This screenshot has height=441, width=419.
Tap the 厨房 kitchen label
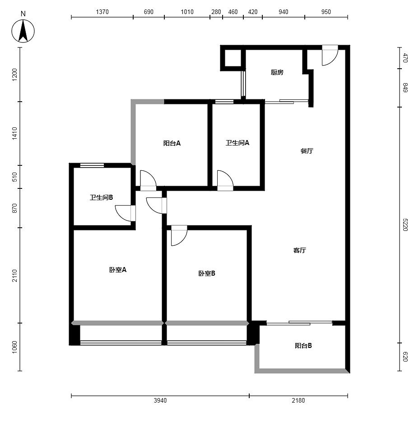(277, 73)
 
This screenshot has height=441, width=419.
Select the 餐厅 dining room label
(307, 151)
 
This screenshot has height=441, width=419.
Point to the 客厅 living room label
(299, 250)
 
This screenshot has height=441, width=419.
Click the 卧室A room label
(118, 270)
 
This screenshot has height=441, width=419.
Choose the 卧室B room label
(207, 273)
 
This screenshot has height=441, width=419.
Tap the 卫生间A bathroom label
(237, 143)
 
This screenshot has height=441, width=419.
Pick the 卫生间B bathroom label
(102, 197)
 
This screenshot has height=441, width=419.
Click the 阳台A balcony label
(172, 143)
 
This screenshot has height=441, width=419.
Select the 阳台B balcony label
(303, 346)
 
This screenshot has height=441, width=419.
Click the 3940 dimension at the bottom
(160, 400)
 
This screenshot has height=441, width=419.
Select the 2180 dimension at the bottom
(298, 400)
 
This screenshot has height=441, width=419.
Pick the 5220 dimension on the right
(405, 225)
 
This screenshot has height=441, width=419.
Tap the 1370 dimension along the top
(102, 12)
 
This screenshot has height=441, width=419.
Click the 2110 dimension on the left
(14, 276)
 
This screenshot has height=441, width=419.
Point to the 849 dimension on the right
(405, 88)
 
